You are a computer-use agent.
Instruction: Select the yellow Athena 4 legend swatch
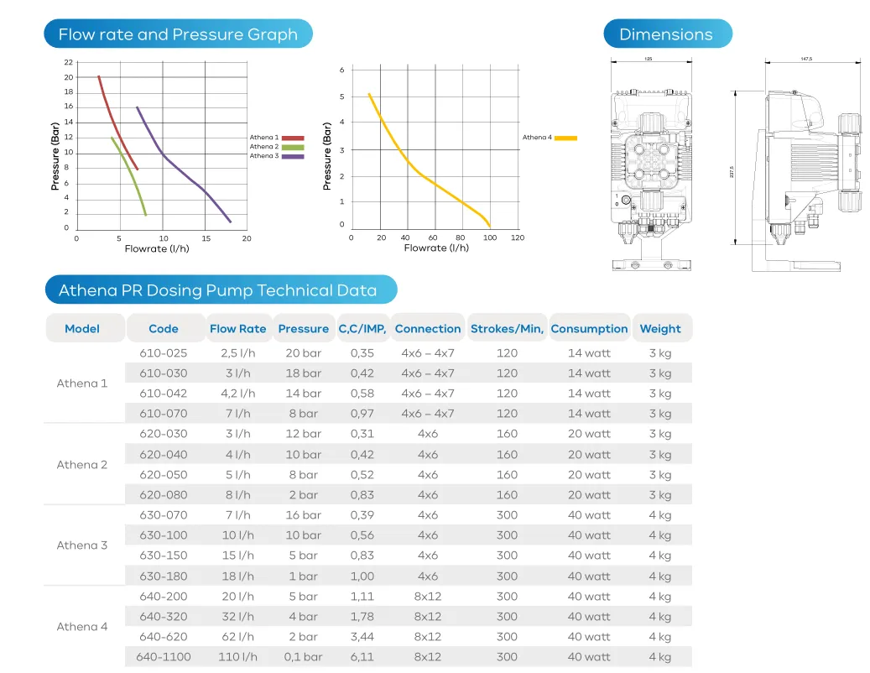point(565,138)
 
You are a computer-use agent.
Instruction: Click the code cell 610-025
point(164,353)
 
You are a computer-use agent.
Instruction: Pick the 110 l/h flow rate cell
point(238,657)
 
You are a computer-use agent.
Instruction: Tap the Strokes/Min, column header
point(507,329)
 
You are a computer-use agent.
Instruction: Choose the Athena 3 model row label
point(82,545)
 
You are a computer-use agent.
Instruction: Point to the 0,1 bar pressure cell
point(302,657)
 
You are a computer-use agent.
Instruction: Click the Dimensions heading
point(666,34)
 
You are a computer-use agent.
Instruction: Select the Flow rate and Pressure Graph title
point(178,34)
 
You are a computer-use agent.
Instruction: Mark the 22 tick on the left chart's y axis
point(68,63)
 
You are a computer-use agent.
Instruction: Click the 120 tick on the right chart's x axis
point(518,237)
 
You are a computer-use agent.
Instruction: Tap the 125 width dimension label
point(649,60)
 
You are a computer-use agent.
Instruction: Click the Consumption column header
point(589,329)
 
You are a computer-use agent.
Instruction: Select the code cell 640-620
point(164,637)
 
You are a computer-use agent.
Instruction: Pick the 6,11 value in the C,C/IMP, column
point(362,657)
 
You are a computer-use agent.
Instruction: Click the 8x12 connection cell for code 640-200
point(428,597)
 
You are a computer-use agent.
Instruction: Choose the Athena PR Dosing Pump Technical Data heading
point(217,291)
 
